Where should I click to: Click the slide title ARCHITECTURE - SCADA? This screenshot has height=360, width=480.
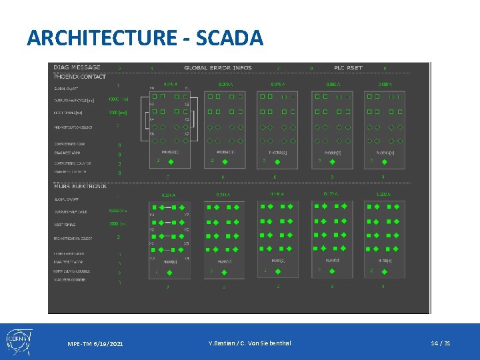click(x=145, y=37)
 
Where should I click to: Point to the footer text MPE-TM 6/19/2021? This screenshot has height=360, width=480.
click(x=95, y=343)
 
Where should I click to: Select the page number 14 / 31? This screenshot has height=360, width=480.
click(x=440, y=343)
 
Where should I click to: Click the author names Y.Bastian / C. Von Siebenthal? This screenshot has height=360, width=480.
click(x=249, y=343)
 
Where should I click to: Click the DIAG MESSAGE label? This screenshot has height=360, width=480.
click(x=77, y=67)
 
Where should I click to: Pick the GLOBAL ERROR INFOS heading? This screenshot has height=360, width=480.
click(x=219, y=68)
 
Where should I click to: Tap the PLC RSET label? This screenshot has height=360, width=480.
click(x=348, y=68)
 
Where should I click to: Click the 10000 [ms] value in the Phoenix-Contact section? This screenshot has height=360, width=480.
click(x=118, y=99)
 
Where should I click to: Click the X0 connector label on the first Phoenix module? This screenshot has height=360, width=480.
click(x=152, y=88)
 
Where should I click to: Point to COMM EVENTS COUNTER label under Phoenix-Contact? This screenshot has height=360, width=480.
click(x=74, y=163)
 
